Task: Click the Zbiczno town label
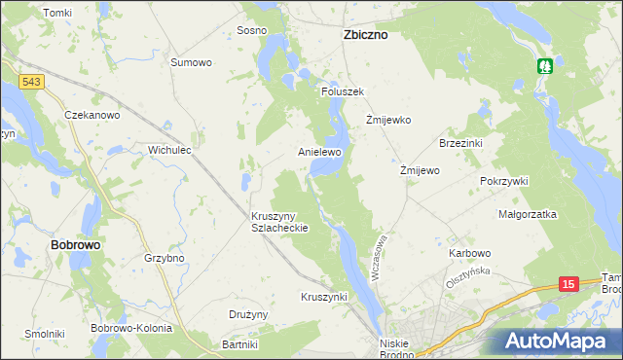pyautogui.click(x=366, y=34)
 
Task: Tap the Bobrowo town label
pyautogui.click(x=75, y=246)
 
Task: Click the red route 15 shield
pyautogui.click(x=570, y=283)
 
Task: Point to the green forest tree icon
pyautogui.click(x=545, y=66)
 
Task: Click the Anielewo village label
pyautogui.click(x=319, y=153)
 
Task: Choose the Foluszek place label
pyautogui.click(x=343, y=91)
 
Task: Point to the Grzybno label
pyautogui.click(x=165, y=259)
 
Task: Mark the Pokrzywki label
pyautogui.click(x=503, y=181)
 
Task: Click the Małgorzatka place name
pyautogui.click(x=527, y=214)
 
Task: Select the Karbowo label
pyautogui.click(x=470, y=253)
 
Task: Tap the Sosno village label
pyautogui.click(x=251, y=30)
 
